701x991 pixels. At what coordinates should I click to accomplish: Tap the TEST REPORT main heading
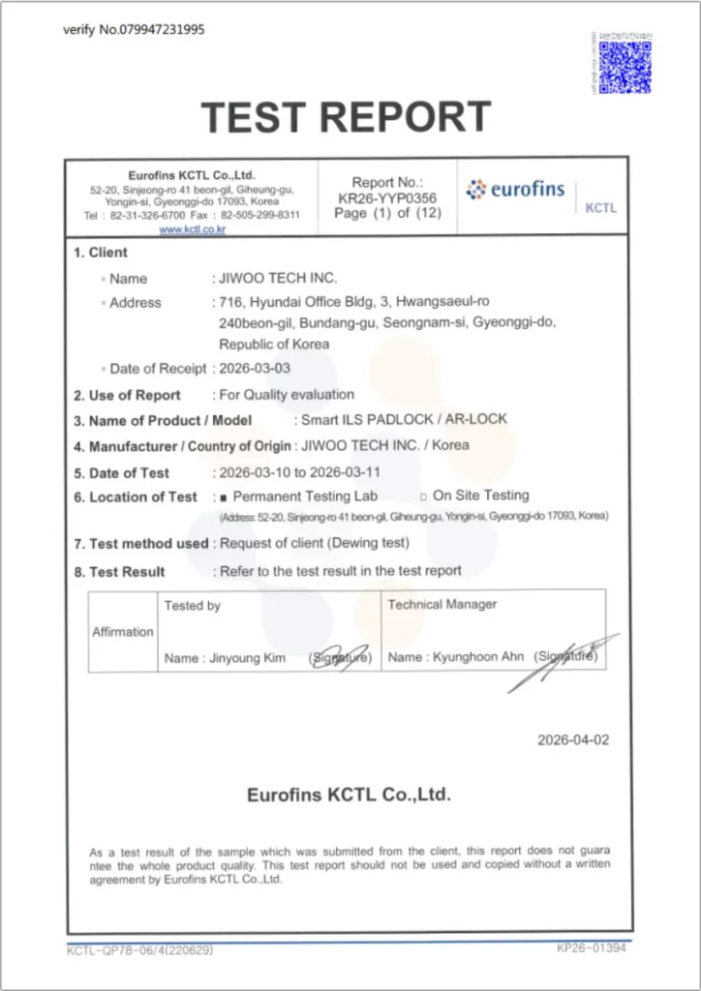pos(347,118)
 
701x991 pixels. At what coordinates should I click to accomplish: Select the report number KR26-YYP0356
pos(386,198)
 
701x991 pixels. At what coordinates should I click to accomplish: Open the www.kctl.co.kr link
pos(193,229)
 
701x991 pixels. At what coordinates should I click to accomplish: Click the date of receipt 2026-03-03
pos(255,369)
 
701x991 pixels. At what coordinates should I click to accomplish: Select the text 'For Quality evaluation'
pos(287,395)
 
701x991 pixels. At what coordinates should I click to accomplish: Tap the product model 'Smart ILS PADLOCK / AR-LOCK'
pos(404,420)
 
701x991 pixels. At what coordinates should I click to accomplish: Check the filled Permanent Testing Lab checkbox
pos(224,497)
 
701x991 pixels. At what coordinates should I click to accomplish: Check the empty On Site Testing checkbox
pos(423,496)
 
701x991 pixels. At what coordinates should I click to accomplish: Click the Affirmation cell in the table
pos(123,632)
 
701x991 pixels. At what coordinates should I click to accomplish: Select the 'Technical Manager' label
pos(442,605)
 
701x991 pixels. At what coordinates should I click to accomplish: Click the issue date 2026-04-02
pos(574,740)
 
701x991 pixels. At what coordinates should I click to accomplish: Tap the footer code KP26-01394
pos(593,948)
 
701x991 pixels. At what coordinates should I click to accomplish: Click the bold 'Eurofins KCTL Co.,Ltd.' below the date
pos(349,796)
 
